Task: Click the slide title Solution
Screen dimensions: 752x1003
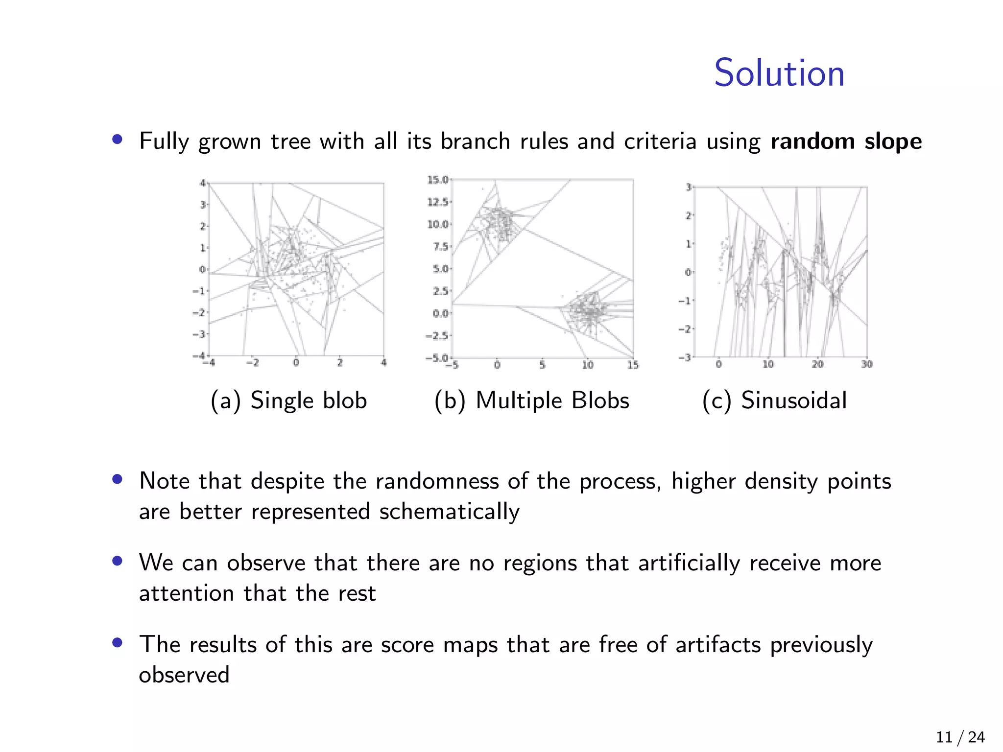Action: tap(779, 73)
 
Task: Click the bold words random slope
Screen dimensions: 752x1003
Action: tap(846, 141)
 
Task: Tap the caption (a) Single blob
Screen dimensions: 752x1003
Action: tap(288, 400)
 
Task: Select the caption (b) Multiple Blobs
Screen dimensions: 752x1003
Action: tap(531, 400)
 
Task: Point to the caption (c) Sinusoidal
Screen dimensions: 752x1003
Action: tap(774, 400)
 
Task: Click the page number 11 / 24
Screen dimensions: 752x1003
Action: tap(960, 737)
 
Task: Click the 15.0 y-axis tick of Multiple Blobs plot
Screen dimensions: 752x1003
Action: tap(437, 180)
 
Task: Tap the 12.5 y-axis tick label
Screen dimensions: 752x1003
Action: tap(437, 202)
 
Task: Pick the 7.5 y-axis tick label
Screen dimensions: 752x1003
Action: tap(440, 246)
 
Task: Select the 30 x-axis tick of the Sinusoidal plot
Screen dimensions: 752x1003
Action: tap(867, 364)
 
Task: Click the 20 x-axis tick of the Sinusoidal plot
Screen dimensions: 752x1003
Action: tap(817, 364)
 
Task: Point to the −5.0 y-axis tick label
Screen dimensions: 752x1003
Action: tap(437, 358)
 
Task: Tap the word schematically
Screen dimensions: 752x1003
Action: tap(449, 512)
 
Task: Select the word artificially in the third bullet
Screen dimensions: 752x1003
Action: tap(689, 563)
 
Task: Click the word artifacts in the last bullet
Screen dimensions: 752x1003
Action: tap(718, 644)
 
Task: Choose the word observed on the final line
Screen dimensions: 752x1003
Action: tap(184, 675)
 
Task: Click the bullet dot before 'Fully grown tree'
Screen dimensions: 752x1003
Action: tap(117, 140)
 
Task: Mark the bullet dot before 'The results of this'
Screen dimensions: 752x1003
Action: tap(117, 642)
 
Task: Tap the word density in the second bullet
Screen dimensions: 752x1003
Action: tap(781, 481)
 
